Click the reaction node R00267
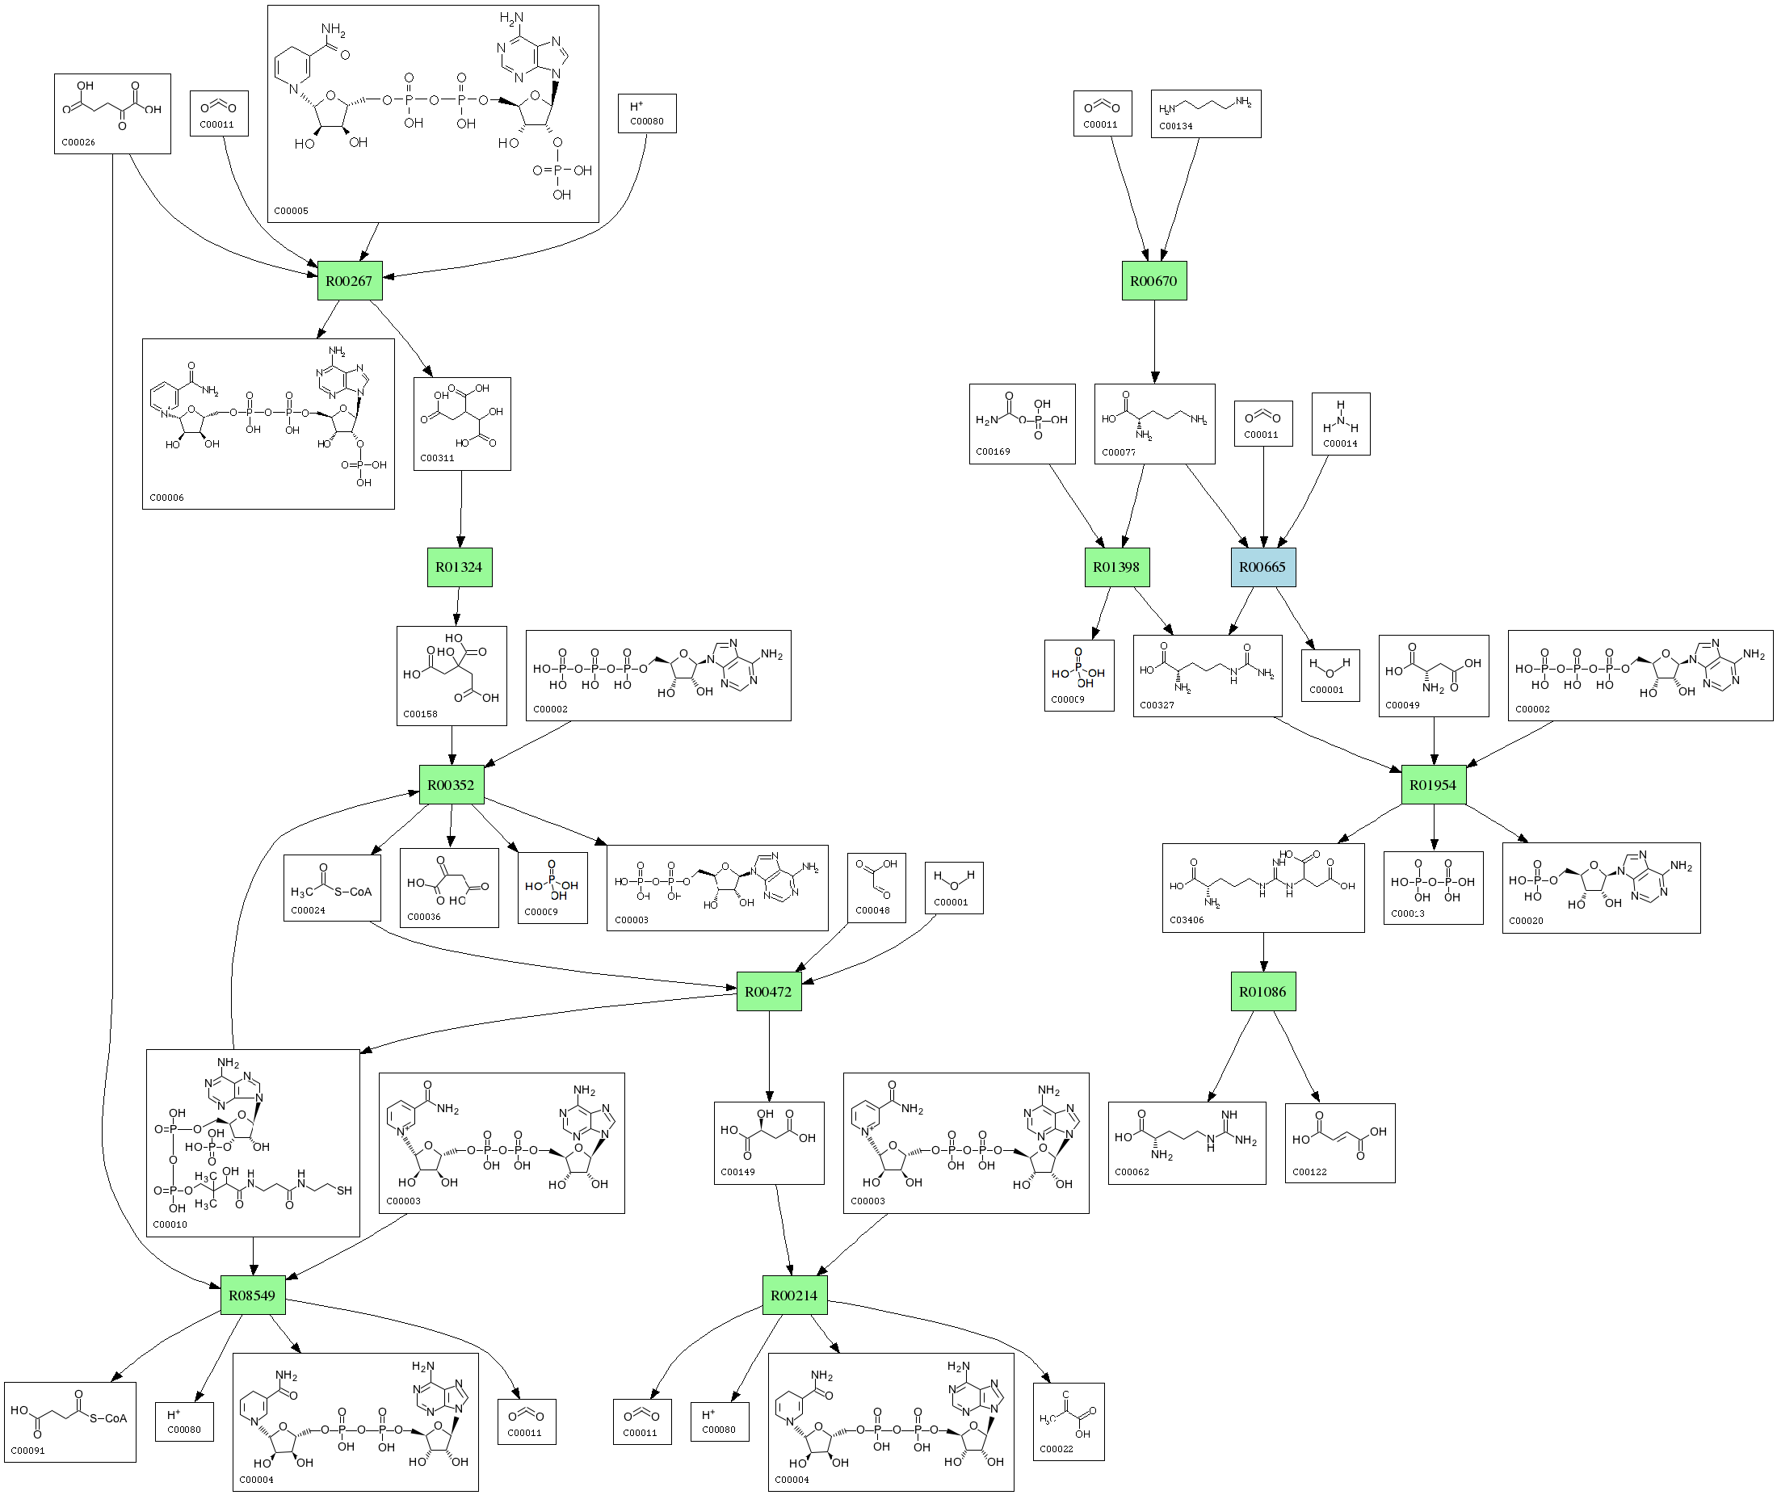pos(349,280)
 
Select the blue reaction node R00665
pos(1262,567)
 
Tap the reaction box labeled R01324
pos(459,567)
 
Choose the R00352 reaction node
pos(451,785)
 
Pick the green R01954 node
pos(1432,785)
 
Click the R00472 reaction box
pos(768,992)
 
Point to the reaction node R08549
pos(252,1295)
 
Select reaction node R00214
pos(794,1295)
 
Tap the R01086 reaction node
pos(1262,992)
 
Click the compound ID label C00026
pos(78,142)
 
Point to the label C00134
pos(1175,126)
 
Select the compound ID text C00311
pos(437,458)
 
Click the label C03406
pos(1187,920)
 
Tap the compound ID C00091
pos(28,1450)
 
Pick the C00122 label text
pos(1309,1172)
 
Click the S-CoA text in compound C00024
pos(352,892)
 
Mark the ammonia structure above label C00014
pos(1341,416)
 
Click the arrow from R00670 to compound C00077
pos(1154,339)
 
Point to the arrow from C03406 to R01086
pos(1263,951)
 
